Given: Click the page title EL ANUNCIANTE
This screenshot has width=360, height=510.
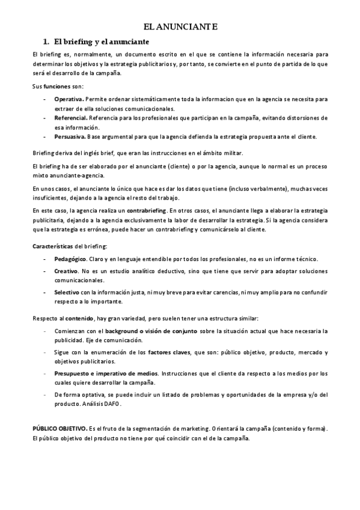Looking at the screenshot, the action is [x=180, y=27].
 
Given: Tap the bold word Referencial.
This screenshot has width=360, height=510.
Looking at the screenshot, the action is [x=70, y=117].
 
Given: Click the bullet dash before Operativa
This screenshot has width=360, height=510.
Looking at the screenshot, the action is [x=46, y=98].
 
